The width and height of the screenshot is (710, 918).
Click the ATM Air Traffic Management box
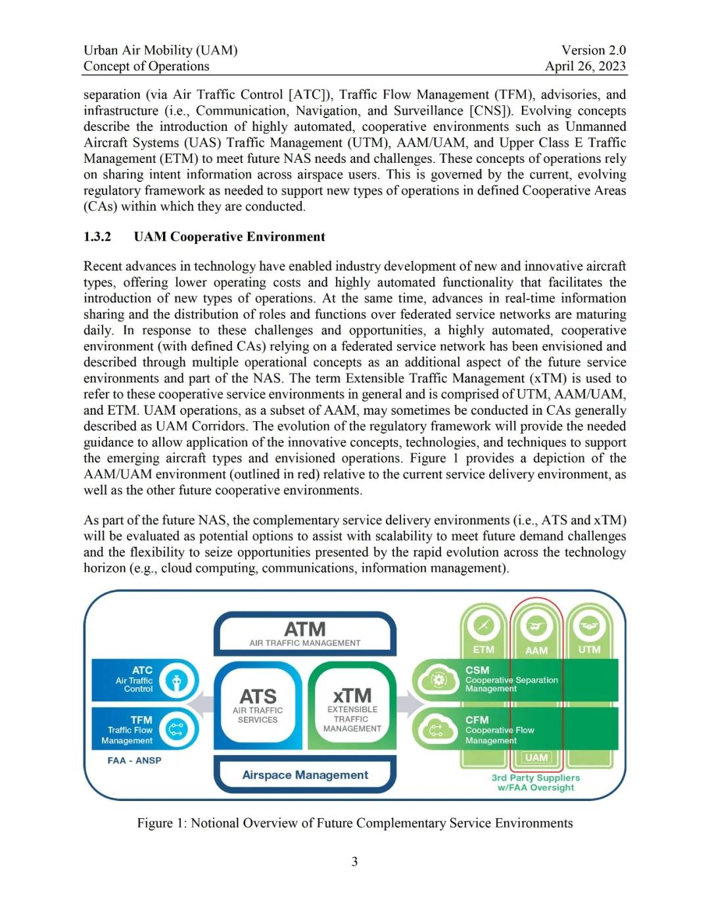[x=305, y=633]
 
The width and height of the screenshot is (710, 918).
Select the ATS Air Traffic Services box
[x=258, y=705]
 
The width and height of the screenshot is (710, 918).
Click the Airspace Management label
[x=305, y=775]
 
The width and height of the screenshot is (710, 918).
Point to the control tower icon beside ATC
[x=176, y=680]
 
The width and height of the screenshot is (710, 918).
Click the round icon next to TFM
[x=176, y=729]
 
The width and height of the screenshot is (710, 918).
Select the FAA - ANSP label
[x=134, y=760]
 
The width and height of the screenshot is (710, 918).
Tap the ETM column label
[x=483, y=649]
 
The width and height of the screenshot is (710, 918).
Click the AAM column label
[x=536, y=650]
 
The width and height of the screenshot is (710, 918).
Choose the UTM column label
[x=589, y=649]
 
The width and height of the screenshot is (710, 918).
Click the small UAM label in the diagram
[x=536, y=757]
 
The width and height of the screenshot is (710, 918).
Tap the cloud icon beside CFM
[x=437, y=729]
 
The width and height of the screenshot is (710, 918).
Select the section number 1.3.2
[x=97, y=237]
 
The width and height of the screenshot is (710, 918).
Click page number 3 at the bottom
[x=354, y=861]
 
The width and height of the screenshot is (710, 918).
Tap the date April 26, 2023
[x=585, y=66]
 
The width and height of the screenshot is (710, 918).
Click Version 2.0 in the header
[x=594, y=50]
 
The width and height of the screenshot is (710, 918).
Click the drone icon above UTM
[x=589, y=625]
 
